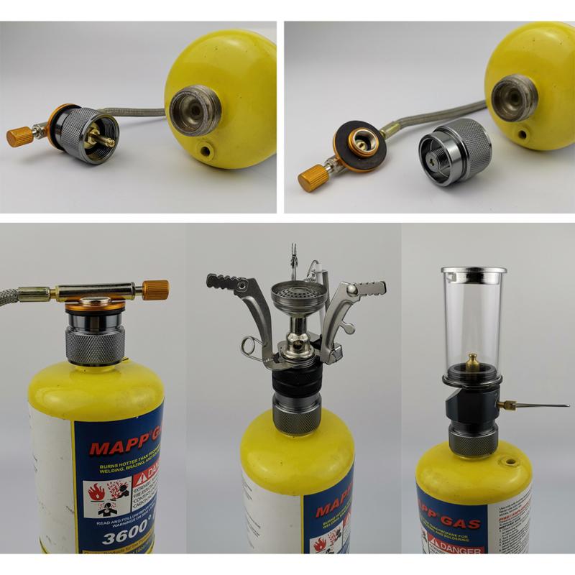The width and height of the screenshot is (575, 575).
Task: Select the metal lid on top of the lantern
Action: tap(474, 274)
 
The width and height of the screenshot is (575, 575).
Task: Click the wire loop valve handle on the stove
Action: tap(252, 348)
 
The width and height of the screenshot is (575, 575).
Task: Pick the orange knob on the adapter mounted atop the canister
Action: tap(155, 290)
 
